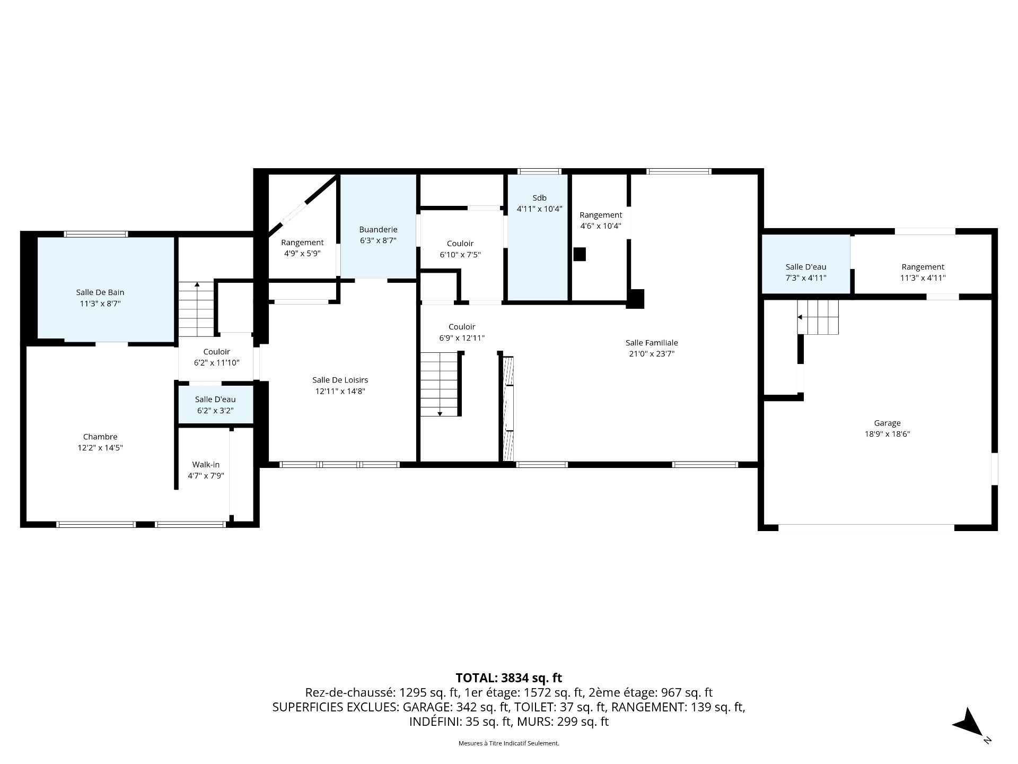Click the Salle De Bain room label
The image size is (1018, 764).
100,292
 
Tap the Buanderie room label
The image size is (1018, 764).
378,230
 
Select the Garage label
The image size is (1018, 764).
887,423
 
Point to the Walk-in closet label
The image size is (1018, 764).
206,465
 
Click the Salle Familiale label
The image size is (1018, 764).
652,343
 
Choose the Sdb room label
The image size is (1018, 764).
539,198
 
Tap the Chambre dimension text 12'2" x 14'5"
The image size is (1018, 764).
100,448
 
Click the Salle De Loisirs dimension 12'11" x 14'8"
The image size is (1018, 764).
340,392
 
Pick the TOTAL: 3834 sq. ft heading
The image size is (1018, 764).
509,678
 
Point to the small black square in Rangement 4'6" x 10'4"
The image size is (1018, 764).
580,254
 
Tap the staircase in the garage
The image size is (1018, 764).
818,317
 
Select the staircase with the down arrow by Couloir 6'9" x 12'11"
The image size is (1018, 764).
440,384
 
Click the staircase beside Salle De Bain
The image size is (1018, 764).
196,309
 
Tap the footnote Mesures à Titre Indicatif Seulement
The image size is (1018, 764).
509,743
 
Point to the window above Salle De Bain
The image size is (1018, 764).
96,234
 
